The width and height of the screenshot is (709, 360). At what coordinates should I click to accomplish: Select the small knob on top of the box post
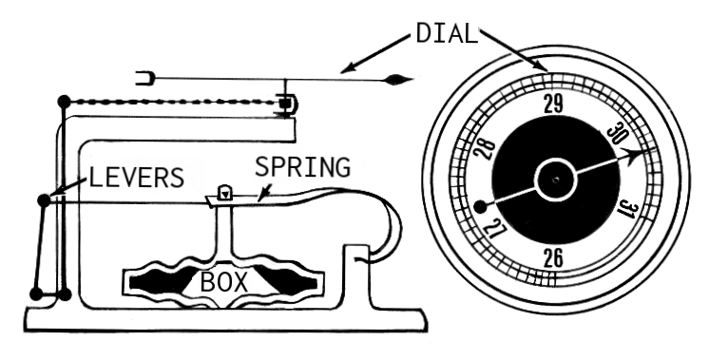click(225, 193)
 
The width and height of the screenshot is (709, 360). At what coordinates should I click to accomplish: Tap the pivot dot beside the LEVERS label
click(44, 200)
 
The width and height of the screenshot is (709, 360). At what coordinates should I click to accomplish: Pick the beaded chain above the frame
click(171, 103)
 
